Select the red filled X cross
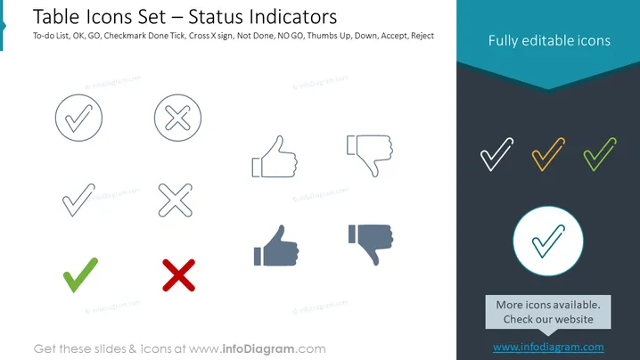tap(179, 275)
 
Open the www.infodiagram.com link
tap(548, 348)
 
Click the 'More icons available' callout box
tap(548, 312)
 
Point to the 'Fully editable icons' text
tap(549, 40)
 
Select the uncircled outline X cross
tap(176, 200)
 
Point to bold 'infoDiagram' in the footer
tap(258, 349)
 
